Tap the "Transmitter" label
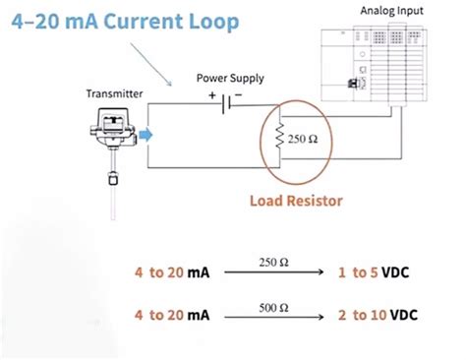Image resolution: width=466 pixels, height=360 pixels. coord(114,93)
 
